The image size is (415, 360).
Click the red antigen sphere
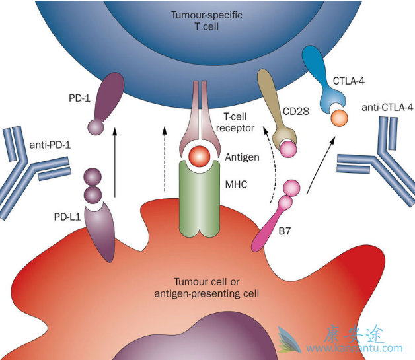[x=198, y=157]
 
